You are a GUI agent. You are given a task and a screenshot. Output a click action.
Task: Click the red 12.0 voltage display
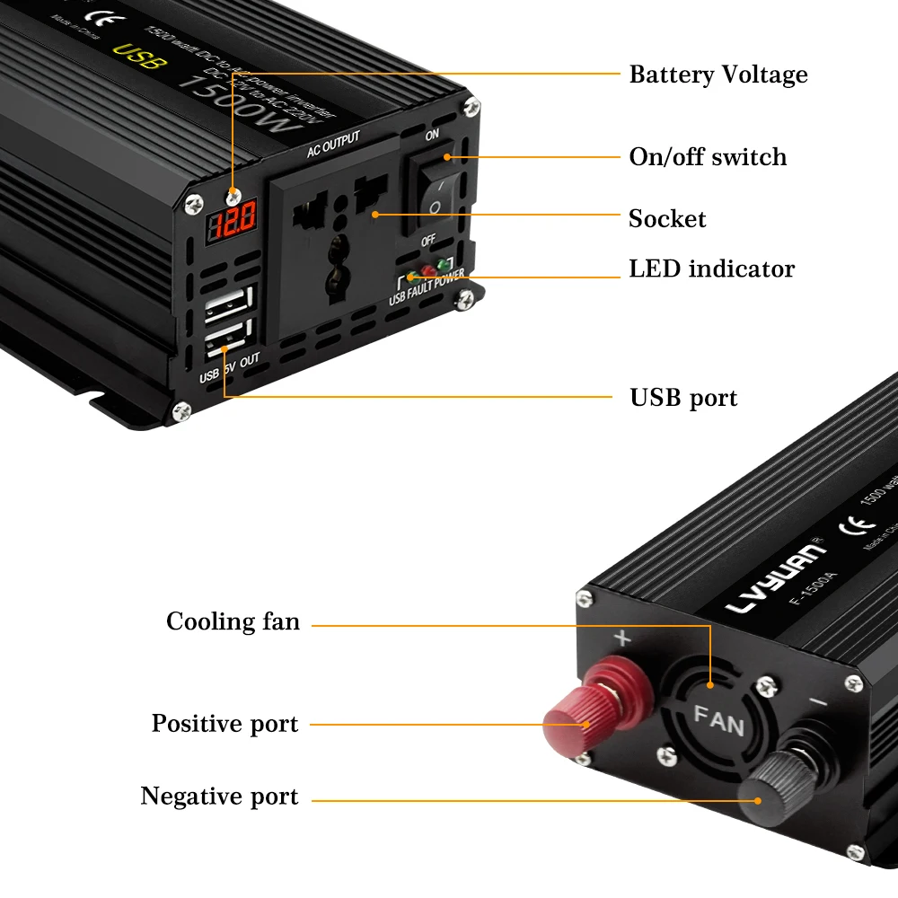click(x=233, y=217)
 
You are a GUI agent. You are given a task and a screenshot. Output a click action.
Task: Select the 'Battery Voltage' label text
click(x=718, y=75)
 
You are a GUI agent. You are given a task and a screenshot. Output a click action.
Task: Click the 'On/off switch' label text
click(x=708, y=157)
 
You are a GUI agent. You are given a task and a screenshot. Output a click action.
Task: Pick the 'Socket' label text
click(x=667, y=219)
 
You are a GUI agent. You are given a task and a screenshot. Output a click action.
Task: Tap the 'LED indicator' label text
click(x=711, y=269)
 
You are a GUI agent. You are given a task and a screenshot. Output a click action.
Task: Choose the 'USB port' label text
click(x=683, y=398)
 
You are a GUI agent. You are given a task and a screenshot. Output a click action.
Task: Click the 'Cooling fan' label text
click(x=233, y=621)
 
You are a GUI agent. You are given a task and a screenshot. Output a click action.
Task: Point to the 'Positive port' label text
click(x=224, y=724)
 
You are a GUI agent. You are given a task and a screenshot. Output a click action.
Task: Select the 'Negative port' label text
click(x=219, y=797)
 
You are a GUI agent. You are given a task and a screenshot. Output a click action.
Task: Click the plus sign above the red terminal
click(x=621, y=639)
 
